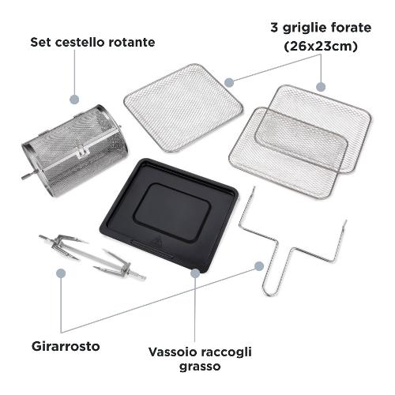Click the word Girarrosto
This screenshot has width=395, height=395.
pos(66,346)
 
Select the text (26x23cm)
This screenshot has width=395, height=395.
pos(321,47)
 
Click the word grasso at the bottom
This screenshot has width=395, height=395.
pos(200,367)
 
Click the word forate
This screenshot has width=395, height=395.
pos(349,28)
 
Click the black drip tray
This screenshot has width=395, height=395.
pos(169,214)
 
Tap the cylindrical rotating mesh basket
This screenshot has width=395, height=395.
pos(75,150)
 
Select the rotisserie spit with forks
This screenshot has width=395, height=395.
pos(92,258)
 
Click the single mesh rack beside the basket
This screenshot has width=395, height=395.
pos(183,108)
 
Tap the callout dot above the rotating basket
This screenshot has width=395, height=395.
pos(74,100)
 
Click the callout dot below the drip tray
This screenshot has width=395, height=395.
pos(195,273)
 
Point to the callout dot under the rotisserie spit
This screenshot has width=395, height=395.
pos(61,273)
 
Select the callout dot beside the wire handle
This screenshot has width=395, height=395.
pos(259,266)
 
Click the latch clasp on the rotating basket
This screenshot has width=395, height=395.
pos(83,152)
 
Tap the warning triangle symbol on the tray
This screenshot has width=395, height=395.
pos(158,240)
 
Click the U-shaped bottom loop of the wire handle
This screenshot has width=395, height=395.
pos(270,291)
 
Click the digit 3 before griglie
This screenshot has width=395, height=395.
pos(274,28)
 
